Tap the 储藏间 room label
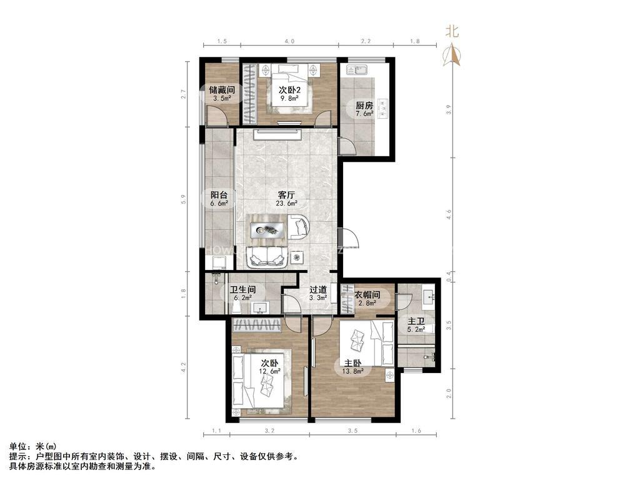(x=221, y=90)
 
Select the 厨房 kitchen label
(x=364, y=105)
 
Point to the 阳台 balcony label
(x=218, y=194)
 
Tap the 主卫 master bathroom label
(x=416, y=321)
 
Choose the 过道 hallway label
(x=318, y=290)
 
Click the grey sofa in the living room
(x=267, y=256)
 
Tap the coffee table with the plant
(x=267, y=229)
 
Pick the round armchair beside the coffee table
(x=298, y=227)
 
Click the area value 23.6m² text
(x=287, y=202)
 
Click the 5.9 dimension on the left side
(x=184, y=199)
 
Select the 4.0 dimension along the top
(x=289, y=41)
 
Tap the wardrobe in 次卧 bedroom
(x=257, y=324)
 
